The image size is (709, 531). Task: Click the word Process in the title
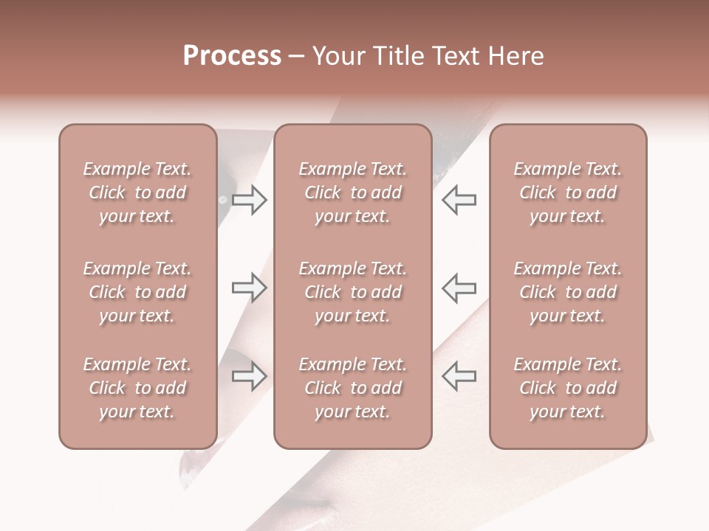coord(232,57)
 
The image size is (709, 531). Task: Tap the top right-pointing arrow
coord(250,199)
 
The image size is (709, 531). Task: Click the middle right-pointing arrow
coord(250,288)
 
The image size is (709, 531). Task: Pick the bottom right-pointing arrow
coord(250,376)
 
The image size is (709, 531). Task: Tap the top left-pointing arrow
coord(459,199)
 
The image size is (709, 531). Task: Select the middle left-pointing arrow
coord(459,288)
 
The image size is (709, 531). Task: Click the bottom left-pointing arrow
coord(459,376)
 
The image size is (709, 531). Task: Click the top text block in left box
coord(137,192)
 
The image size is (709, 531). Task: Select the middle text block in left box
coord(137,292)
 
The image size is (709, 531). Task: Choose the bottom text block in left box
coord(137,388)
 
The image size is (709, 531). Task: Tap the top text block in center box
coord(352,192)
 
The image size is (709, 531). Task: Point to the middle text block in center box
coord(352,292)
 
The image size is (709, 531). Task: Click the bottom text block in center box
coord(352,388)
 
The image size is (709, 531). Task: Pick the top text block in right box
coord(568,192)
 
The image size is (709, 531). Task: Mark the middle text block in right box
coord(568,292)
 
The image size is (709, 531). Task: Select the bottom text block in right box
coord(568,388)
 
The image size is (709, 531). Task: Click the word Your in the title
coord(334,57)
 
